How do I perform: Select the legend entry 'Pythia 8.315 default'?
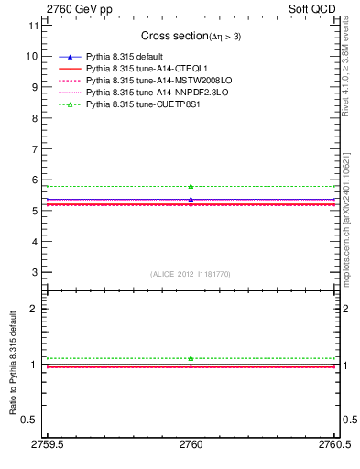pyautogui.click(x=125, y=58)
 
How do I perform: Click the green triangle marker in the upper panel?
pyautogui.click(x=191, y=187)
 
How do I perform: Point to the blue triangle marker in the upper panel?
pyautogui.click(x=191, y=199)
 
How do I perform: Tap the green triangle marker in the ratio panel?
pyautogui.click(x=191, y=358)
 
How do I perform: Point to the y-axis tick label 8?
pyautogui.click(x=34, y=118)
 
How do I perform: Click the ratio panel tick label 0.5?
pyautogui.click(x=29, y=420)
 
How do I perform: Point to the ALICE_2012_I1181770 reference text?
pyautogui.click(x=190, y=274)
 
